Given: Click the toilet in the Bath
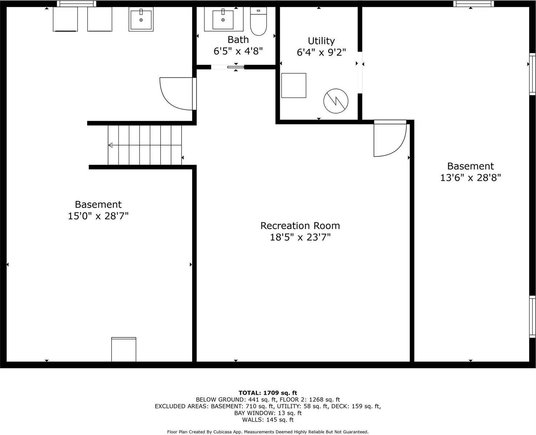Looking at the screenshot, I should point(259,21).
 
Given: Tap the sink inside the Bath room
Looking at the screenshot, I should point(223,19).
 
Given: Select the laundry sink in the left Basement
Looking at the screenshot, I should point(141,19).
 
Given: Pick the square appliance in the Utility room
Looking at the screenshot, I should point(294,85).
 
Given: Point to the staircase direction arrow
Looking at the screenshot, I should point(110,145).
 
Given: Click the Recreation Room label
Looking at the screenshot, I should point(300,226).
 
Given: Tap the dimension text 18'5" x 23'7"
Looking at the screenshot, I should point(300,237).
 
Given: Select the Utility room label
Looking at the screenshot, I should point(321,41).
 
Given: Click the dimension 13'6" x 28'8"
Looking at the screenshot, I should point(471,178).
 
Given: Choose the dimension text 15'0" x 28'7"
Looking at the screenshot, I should point(98,216).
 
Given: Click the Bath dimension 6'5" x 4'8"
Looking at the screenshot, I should point(238,51).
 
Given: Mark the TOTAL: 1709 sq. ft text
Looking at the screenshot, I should point(268,393).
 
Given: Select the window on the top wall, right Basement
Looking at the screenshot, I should point(474,4).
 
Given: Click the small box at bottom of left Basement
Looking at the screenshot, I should point(123,349).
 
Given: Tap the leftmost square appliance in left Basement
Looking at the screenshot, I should point(65,19).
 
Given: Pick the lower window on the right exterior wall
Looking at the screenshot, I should point(532,317).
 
